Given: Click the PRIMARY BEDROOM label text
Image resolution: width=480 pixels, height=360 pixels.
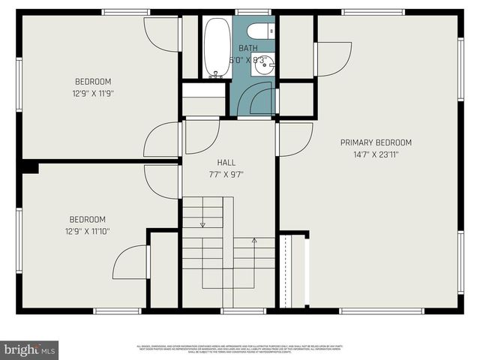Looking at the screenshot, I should tap(376, 142).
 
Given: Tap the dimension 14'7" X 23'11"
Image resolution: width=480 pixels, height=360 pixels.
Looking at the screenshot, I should tap(376, 155).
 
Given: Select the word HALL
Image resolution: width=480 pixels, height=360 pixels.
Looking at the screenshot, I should tap(226, 162).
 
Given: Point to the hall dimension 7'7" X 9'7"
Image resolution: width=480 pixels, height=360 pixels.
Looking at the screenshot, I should tap(226, 174).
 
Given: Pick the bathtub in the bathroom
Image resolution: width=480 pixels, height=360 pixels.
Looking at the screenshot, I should tap(217, 47).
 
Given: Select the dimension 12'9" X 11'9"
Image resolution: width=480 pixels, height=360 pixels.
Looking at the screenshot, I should tap(93, 94).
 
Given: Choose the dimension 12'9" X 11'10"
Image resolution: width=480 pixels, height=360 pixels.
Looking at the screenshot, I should tap(88, 232).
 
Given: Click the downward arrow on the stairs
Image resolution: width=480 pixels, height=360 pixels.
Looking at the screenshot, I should tap(202, 223).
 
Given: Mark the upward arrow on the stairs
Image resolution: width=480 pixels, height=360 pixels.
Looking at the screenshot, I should tap(253, 241).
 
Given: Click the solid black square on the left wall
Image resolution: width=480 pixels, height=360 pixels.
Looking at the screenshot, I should tap(29, 167).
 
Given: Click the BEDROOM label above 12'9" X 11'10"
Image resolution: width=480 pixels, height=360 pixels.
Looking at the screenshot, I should tap(88, 219).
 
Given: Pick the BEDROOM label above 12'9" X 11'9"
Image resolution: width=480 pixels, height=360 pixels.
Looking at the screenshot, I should tap(93, 82).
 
